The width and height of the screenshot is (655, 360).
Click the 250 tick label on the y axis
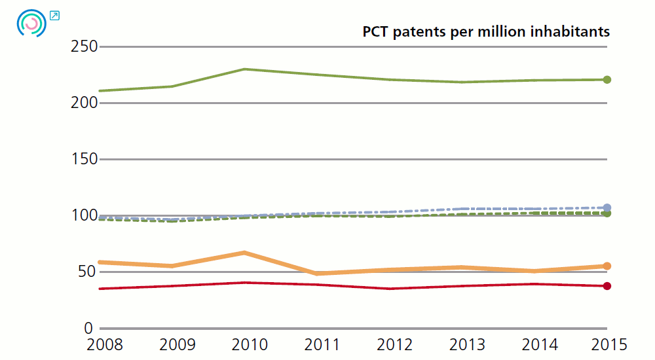coord(84,47)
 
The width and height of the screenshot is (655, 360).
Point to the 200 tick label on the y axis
coord(84,103)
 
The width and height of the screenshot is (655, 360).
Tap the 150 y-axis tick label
coord(84,160)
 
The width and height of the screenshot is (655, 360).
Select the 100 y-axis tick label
coord(84,216)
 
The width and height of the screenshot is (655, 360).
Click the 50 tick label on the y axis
coord(88,272)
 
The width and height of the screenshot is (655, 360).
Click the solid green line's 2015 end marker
coord(607,80)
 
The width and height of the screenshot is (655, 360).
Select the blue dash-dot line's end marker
coord(607,207)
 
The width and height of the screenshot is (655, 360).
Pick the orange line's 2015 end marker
coord(607,266)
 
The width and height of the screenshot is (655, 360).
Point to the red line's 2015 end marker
coord(607,286)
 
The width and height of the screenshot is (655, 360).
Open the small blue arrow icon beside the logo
coord(54,16)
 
